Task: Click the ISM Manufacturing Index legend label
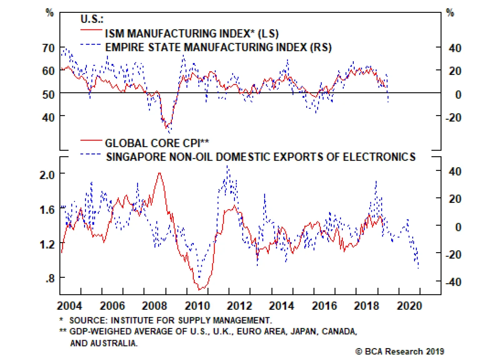(191, 33)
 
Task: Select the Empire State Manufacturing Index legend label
(218, 47)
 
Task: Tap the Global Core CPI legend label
(157, 143)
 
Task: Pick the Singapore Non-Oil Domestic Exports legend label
(261, 157)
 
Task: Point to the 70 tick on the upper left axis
(48, 48)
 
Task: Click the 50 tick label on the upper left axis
(48, 94)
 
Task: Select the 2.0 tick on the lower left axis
(47, 175)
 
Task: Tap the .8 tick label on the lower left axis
(50, 278)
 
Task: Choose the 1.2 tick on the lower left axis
(47, 244)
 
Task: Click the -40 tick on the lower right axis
(453, 282)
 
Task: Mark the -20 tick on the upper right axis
(453, 118)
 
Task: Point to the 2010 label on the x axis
(197, 306)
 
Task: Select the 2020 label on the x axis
(409, 306)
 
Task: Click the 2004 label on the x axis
(69, 306)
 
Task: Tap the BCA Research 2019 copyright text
(400, 352)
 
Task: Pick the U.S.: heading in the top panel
(92, 19)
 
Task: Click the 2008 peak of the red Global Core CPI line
(160, 173)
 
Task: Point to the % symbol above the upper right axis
(450, 13)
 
